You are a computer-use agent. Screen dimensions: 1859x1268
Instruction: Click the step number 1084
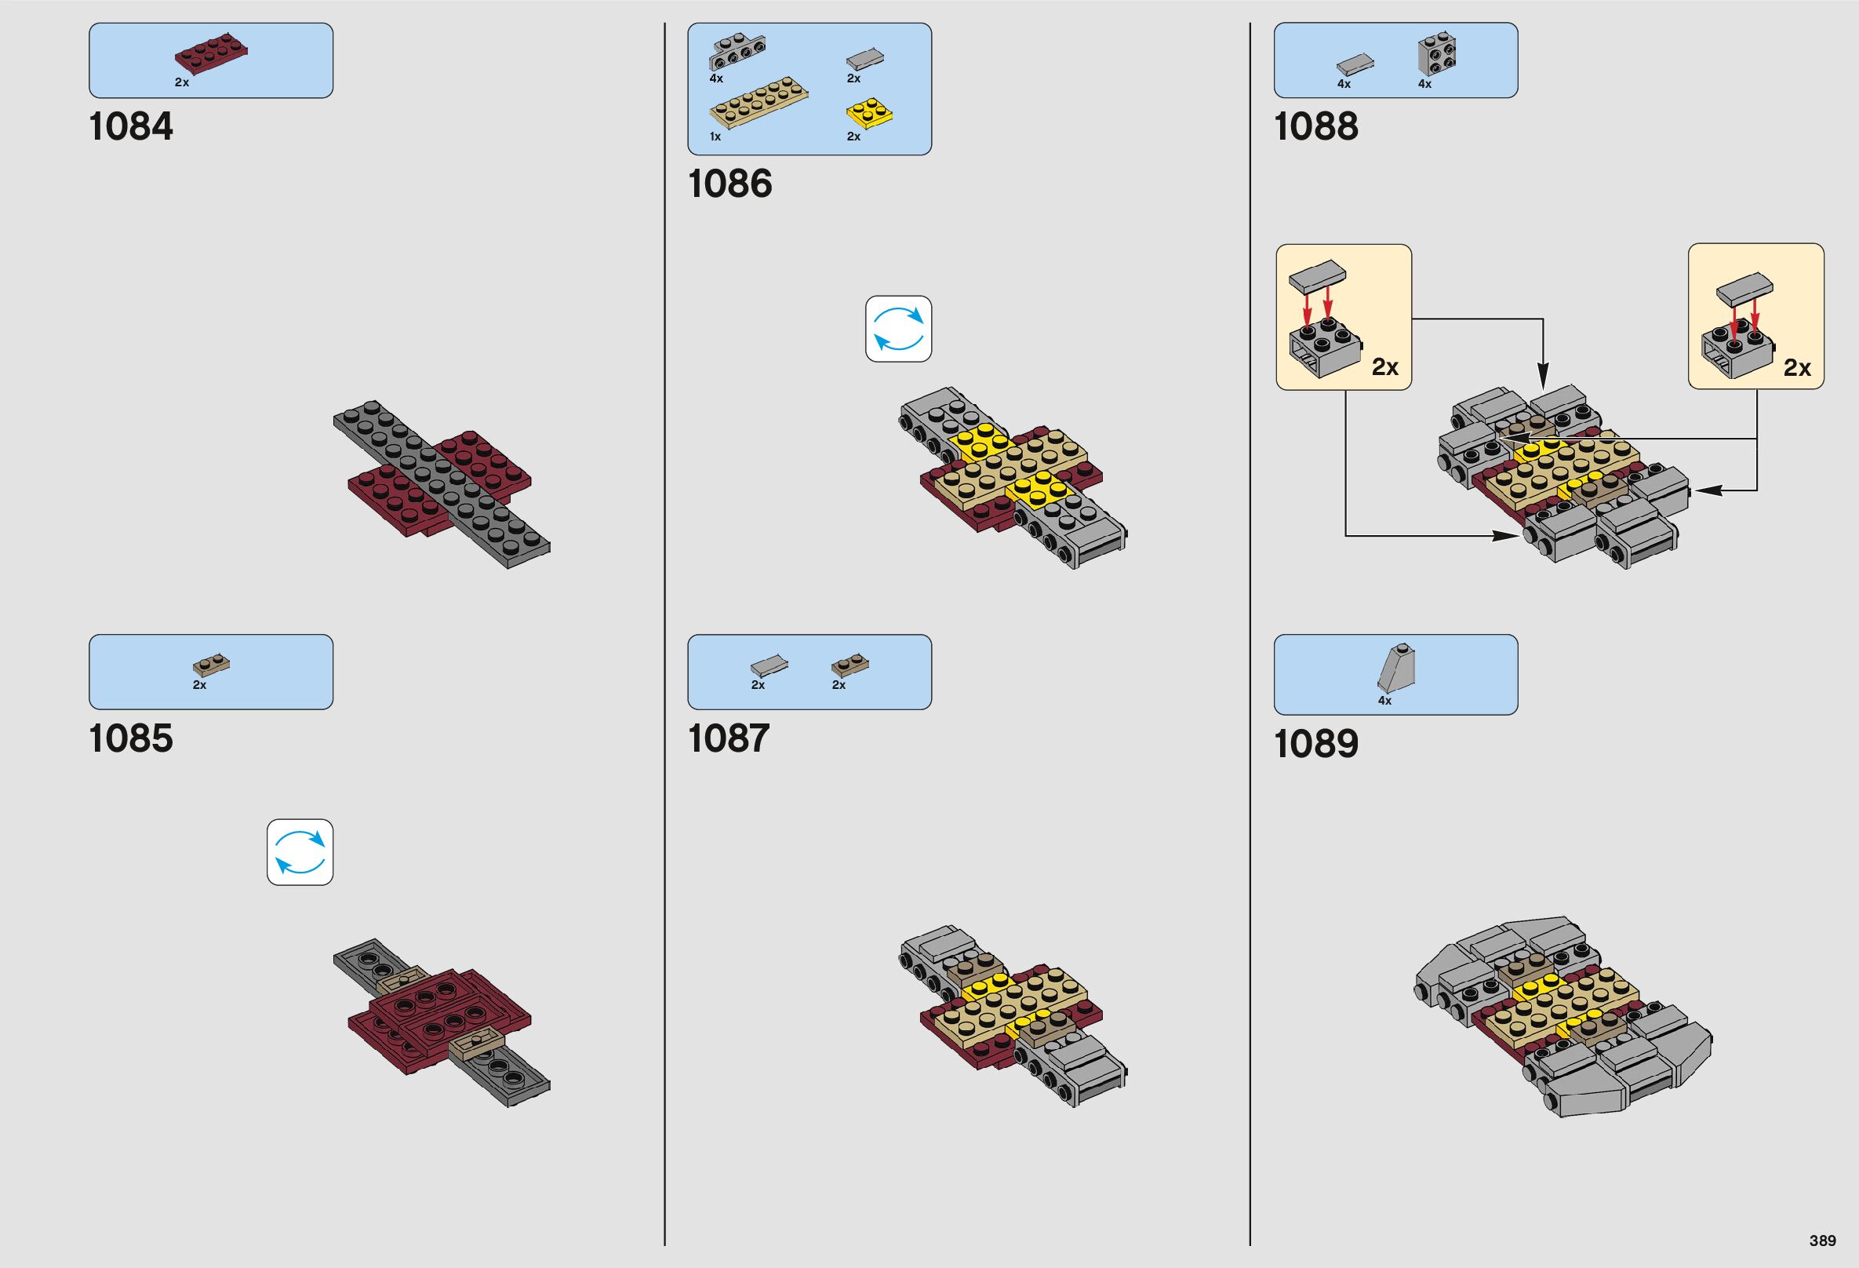point(130,126)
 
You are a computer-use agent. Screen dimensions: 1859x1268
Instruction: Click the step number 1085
point(130,738)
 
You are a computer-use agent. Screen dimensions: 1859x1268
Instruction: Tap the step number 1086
point(729,183)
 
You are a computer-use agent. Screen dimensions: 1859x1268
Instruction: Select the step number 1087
point(728,738)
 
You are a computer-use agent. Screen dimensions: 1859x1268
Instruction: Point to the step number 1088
point(1316,126)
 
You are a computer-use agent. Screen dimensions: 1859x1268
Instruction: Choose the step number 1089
point(1316,743)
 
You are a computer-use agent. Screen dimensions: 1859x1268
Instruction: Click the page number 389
point(1822,1241)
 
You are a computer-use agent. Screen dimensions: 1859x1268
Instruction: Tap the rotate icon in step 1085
point(300,852)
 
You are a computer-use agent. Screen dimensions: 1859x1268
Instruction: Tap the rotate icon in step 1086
point(898,329)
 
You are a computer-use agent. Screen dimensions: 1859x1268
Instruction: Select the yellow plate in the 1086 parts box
point(868,114)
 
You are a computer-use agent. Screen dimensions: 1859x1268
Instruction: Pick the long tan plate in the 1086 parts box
point(758,104)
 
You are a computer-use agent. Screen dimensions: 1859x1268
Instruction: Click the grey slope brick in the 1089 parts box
point(1397,668)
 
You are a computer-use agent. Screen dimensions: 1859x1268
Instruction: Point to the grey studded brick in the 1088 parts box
point(1437,54)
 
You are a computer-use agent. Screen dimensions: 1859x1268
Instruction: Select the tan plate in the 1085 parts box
point(211,664)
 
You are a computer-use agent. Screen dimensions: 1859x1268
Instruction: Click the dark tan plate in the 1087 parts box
point(849,664)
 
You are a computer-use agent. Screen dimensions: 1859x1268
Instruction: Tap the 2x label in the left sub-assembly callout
point(1384,367)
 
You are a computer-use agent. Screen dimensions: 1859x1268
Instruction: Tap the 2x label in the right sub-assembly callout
point(1796,368)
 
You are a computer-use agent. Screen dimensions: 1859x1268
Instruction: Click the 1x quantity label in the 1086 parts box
point(715,137)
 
